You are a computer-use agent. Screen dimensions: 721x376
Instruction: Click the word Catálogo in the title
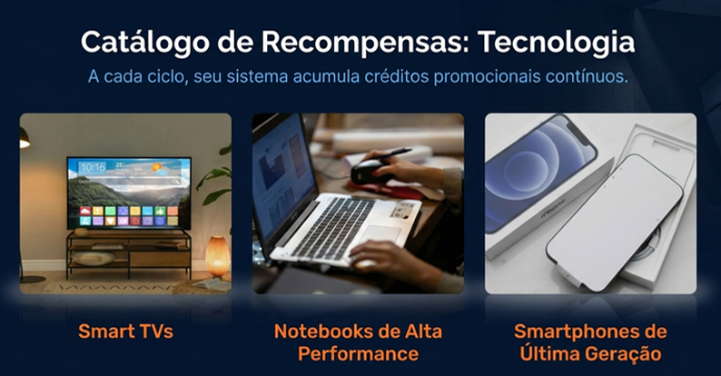144,43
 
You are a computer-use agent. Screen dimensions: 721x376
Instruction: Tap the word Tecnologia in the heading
556,43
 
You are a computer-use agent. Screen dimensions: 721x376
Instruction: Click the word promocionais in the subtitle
487,77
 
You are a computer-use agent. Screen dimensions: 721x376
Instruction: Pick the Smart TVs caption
125,331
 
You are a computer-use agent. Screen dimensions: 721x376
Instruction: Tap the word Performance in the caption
358,354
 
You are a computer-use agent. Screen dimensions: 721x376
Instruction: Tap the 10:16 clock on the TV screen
93,167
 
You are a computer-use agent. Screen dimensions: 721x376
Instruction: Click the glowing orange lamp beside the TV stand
217,255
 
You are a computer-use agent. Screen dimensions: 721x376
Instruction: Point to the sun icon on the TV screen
158,168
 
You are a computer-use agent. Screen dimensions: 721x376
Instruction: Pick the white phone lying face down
614,223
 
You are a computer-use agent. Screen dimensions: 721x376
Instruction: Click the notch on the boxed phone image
580,131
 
